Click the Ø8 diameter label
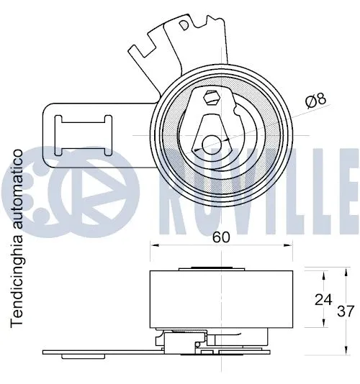pyautogui.click(x=315, y=101)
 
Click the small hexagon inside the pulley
pyautogui.click(x=212, y=98)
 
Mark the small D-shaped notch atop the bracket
pyautogui.click(x=186, y=24)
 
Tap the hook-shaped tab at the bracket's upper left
pyautogui.click(x=138, y=52)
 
